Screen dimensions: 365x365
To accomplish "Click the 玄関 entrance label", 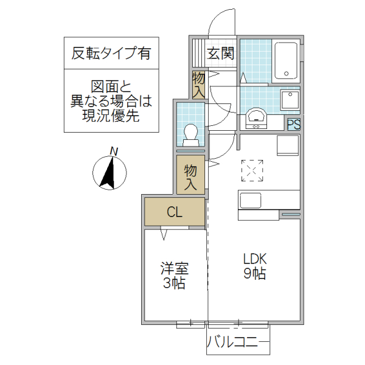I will pos(220,53).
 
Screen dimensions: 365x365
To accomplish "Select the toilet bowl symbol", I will pos(191,133).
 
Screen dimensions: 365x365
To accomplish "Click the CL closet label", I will pos(175,212).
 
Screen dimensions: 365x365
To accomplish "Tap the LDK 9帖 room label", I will pos(254,266).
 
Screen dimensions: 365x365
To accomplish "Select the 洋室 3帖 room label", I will pos(175,276).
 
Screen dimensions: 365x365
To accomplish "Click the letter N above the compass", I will pos(114,151).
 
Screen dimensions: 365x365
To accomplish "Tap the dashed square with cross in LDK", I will pos(252,171).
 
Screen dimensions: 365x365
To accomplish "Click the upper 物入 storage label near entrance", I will pos(199,85).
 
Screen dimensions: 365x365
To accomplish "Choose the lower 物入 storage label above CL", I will pos(191,175).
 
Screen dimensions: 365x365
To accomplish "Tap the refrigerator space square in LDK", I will pos(288,146).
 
